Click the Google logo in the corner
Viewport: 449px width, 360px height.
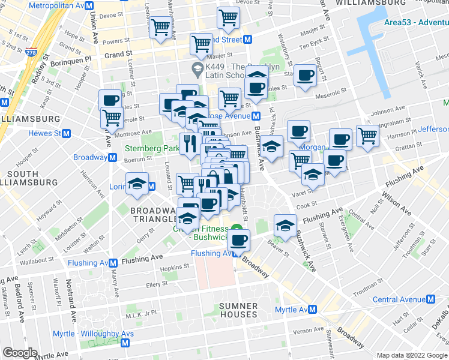20,353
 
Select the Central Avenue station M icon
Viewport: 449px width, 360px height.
430,299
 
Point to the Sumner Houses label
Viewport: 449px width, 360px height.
238,310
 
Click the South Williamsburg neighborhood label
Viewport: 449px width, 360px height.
22,178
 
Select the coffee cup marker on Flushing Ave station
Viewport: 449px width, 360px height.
239,240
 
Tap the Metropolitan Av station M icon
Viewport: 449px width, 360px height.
89,5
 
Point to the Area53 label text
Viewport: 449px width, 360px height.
415,23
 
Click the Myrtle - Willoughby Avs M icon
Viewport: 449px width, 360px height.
125,343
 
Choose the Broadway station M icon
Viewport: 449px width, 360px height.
112,158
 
